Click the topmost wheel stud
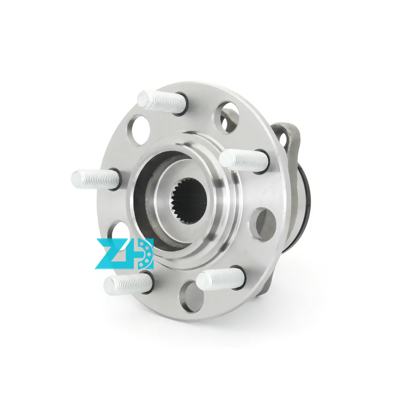click(x=163, y=102)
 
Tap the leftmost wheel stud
click(x=95, y=179)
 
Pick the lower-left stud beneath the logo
click(x=128, y=284)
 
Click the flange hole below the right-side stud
click(x=263, y=225)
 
